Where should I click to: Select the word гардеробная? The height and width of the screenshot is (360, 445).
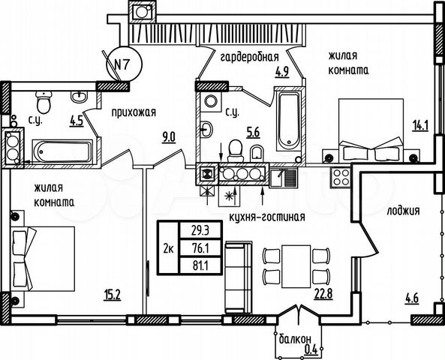(x=248, y=56)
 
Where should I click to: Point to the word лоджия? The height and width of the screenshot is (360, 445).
(x=404, y=210)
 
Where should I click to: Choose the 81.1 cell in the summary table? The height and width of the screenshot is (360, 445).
(x=199, y=264)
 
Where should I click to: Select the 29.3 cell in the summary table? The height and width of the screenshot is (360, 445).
(x=199, y=232)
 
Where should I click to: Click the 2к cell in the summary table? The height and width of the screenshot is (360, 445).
(x=167, y=248)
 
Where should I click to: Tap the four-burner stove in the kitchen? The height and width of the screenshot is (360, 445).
(x=341, y=178)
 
